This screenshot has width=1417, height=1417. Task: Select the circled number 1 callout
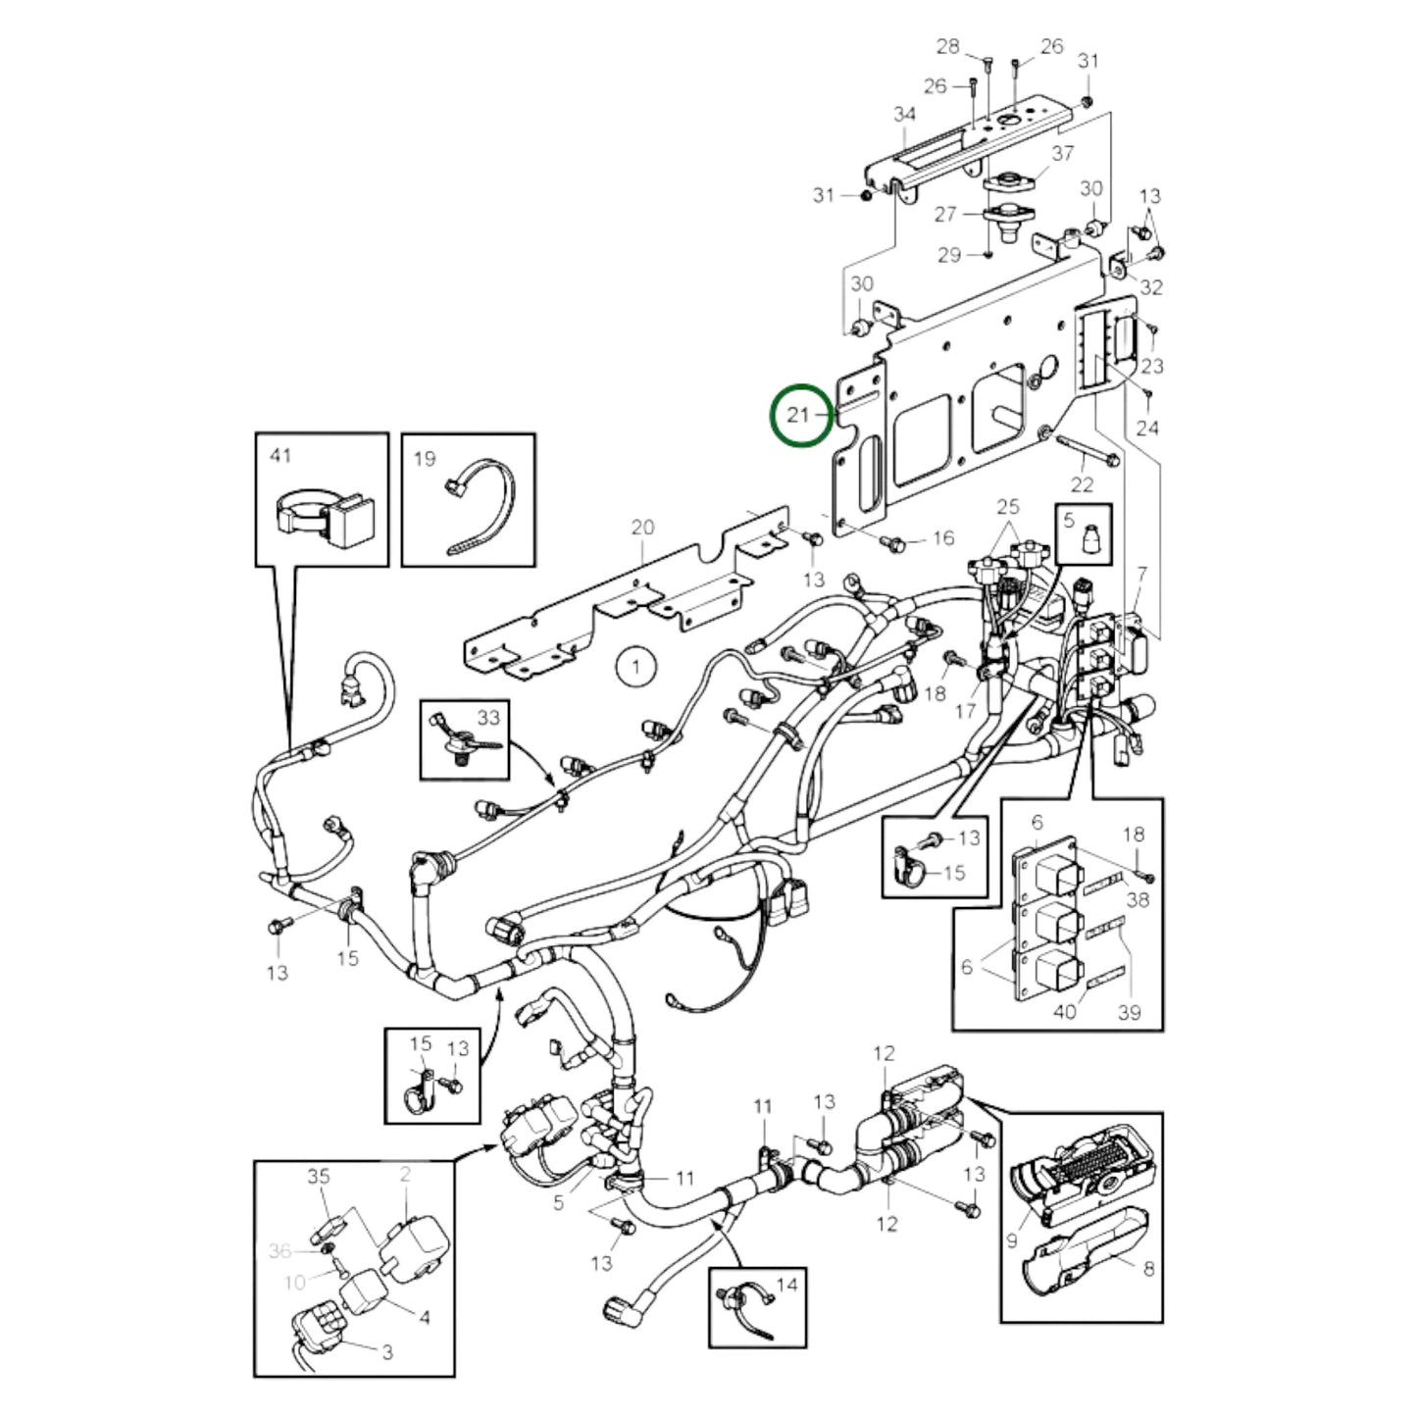(x=636, y=668)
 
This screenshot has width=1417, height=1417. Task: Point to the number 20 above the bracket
(x=642, y=528)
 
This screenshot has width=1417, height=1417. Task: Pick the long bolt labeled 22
(x=1088, y=457)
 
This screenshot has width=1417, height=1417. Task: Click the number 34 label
(x=904, y=115)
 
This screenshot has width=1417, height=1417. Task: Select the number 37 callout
(x=1063, y=153)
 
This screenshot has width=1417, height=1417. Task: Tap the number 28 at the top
(x=947, y=46)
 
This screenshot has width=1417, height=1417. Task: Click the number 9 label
(x=1012, y=1241)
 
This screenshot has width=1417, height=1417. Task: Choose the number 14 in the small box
(x=786, y=1284)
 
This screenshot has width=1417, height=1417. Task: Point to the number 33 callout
(x=488, y=717)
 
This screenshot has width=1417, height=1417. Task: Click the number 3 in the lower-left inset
(x=386, y=1352)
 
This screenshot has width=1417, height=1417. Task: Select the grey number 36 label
(x=279, y=1250)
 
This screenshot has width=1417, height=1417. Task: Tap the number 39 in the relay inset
(x=1130, y=1012)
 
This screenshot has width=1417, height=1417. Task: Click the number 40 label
(x=1064, y=1011)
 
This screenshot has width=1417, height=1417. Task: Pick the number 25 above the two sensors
(x=1007, y=507)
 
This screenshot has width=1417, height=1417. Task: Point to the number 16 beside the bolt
(x=942, y=538)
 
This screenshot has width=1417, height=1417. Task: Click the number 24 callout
(x=1146, y=428)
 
